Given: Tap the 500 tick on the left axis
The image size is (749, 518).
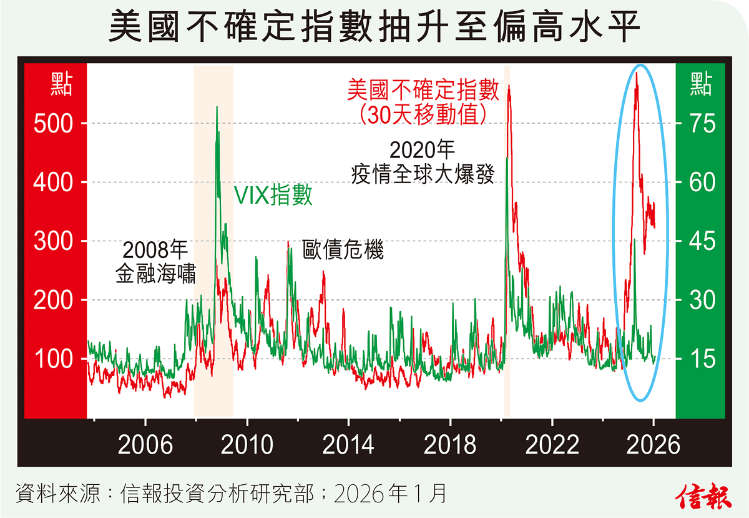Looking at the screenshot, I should tap(54, 123).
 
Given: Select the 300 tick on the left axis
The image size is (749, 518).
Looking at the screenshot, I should tap(54, 241).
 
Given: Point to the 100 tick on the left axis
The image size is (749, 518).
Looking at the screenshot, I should tap(54, 359).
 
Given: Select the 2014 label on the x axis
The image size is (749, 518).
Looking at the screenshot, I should tap(348, 445).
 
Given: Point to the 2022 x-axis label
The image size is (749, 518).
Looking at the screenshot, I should tap(552, 445).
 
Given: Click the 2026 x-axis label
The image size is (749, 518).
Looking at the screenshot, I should tap(653, 445).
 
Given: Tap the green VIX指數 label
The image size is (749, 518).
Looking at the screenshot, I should tap(273, 196).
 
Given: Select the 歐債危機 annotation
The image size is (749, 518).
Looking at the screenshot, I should tap(343, 250).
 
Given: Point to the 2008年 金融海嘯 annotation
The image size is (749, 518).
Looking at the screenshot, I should tap(155, 262).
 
